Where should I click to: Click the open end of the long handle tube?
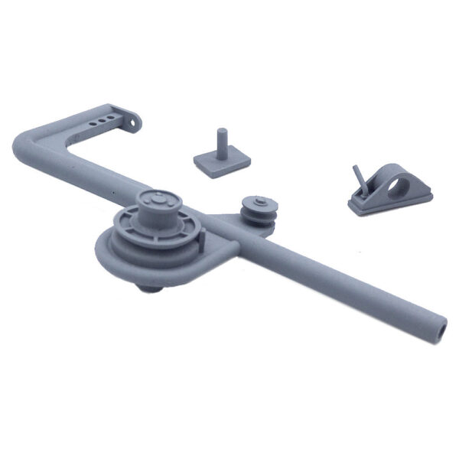[x=443, y=329]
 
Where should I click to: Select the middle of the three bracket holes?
[x=101, y=120]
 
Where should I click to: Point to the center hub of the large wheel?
[x=157, y=200]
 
